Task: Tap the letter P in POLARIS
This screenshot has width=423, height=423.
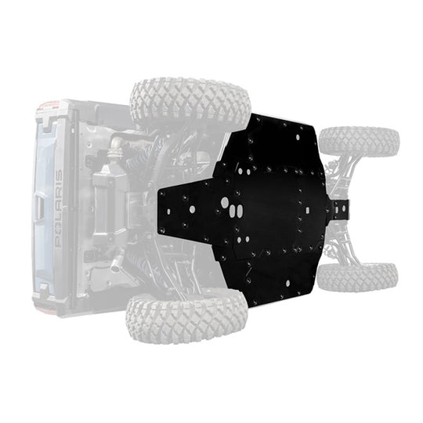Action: click(x=57, y=244)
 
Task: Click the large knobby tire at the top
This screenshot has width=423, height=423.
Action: click(x=190, y=103)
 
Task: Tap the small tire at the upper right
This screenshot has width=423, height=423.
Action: click(x=359, y=142)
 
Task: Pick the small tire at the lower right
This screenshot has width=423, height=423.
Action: click(x=357, y=276)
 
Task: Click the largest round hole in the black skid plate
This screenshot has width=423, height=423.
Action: click(x=226, y=203)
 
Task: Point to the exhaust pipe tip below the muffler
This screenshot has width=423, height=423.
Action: click(x=116, y=265)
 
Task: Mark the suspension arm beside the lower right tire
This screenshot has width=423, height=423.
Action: click(x=333, y=251)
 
